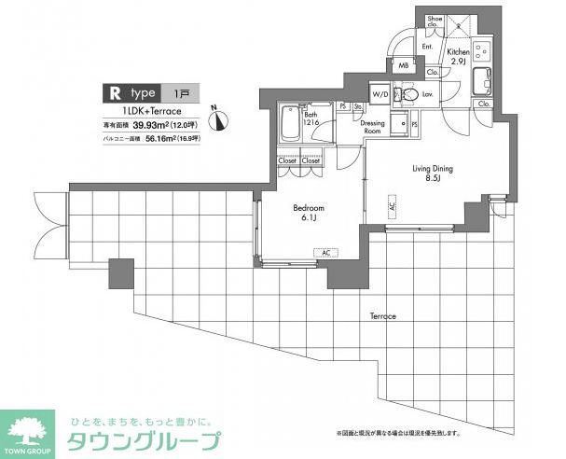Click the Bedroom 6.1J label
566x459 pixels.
[309, 213]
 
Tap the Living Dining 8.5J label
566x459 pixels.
[433, 174]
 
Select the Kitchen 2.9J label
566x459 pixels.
[458, 56]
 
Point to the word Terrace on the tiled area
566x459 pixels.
[381, 316]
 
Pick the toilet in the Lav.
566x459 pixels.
[407, 93]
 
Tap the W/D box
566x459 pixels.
[380, 95]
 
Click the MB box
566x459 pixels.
[404, 65]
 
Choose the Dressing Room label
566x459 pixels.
[373, 128]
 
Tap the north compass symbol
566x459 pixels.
[216, 118]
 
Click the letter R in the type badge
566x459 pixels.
[115, 92]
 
